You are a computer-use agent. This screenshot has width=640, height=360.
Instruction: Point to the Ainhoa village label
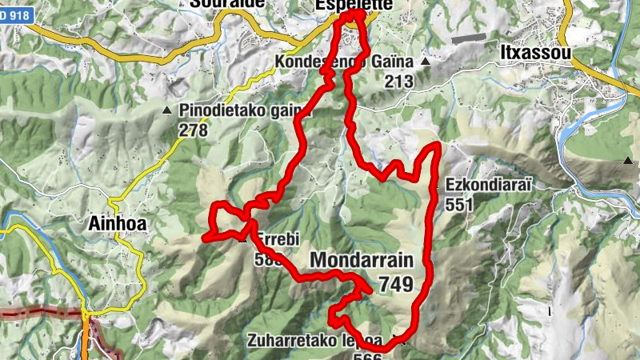click(x=114, y=225)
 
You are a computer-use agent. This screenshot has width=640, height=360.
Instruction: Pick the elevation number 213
click(x=398, y=81)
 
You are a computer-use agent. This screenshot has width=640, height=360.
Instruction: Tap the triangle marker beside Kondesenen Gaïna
click(x=426, y=61)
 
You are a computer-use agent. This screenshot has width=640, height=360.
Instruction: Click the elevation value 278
click(x=194, y=130)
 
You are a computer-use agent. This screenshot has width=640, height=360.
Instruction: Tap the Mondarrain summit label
click(x=362, y=261)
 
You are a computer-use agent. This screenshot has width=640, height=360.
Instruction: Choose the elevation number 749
click(x=396, y=284)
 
